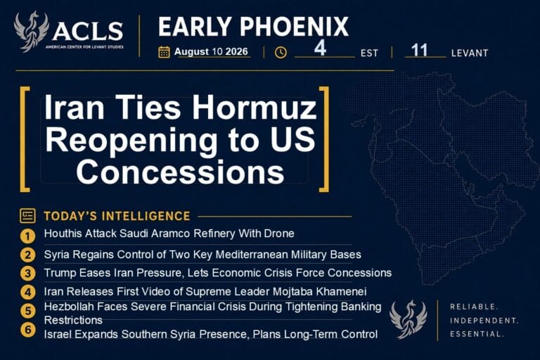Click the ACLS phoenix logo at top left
pyautogui.click(x=32, y=32)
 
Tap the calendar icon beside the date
pyautogui.click(x=164, y=52)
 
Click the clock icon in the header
pyautogui.click(x=281, y=52)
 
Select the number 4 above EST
pyautogui.click(x=321, y=49)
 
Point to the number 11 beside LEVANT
pyautogui.click(x=419, y=51)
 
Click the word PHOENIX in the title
pyautogui.click(x=295, y=27)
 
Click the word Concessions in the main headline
pyautogui.click(x=180, y=172)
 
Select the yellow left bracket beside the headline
pyautogui.click(x=24, y=139)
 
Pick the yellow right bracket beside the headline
pyautogui.click(x=324, y=139)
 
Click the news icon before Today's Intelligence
pyautogui.click(x=27, y=216)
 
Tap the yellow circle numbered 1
pyautogui.click(x=27, y=236)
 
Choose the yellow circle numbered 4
pyautogui.click(x=27, y=292)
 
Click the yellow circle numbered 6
pyautogui.click(x=27, y=330)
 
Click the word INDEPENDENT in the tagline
pyautogui.click(x=484, y=321)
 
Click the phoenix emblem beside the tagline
pyautogui.click(x=409, y=319)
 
